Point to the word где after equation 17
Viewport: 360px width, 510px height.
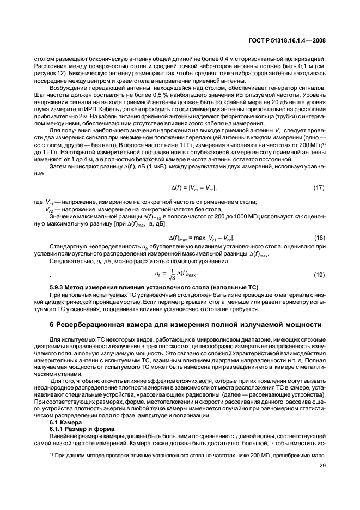click(x=38, y=202)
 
